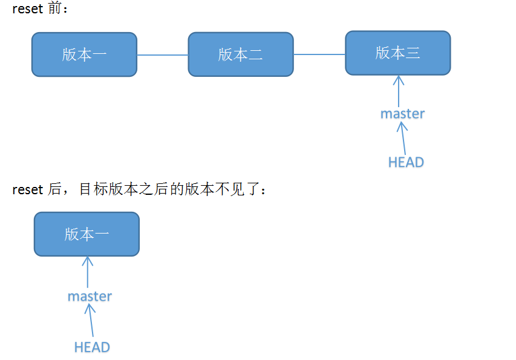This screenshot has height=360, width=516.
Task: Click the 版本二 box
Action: [x=241, y=54]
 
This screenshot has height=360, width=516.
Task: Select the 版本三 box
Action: [x=397, y=53]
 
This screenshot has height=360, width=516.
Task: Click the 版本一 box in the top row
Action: [x=84, y=54]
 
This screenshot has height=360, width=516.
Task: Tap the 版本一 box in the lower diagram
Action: [x=87, y=234]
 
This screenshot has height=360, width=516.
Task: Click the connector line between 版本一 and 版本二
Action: [x=162, y=55]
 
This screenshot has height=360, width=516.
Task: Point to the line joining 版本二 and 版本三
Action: [x=319, y=54]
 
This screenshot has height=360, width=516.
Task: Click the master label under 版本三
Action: [x=402, y=114]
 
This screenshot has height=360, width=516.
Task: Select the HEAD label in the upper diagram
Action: [x=406, y=162]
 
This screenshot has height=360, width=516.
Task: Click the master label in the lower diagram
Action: [x=90, y=296]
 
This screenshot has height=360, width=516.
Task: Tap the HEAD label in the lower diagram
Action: [x=92, y=347]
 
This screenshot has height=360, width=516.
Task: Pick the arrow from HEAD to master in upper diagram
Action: [x=403, y=138]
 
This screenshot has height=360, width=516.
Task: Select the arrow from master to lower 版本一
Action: [x=88, y=272]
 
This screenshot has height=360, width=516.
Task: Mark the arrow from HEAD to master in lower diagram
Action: [x=91, y=321]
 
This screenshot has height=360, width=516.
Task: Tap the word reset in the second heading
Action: [x=27, y=190]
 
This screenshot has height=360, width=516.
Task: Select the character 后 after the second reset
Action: [x=53, y=190]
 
